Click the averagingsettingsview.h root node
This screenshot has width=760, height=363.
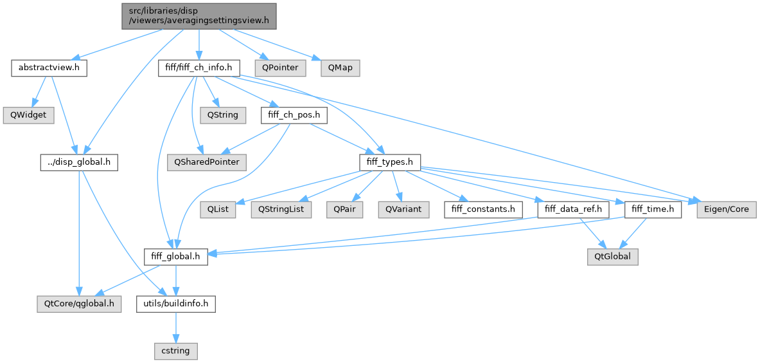coord(199,16)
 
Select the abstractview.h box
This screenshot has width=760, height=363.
coord(49,68)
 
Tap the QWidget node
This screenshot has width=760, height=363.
coord(28,115)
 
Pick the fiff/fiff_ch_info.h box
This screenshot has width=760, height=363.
coord(199,68)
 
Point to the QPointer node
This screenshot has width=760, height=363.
coord(276,68)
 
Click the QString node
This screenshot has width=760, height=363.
coord(222,115)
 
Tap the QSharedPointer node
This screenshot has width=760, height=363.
coord(207,162)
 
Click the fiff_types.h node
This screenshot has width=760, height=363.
coord(390,162)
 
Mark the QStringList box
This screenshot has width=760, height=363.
coord(281,209)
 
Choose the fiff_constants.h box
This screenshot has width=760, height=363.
coord(482,209)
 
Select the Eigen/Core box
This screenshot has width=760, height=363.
coord(727,209)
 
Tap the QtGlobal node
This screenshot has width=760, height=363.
coord(612,257)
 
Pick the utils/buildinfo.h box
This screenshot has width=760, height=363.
coord(175,304)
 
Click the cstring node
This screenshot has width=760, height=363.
coord(175,351)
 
